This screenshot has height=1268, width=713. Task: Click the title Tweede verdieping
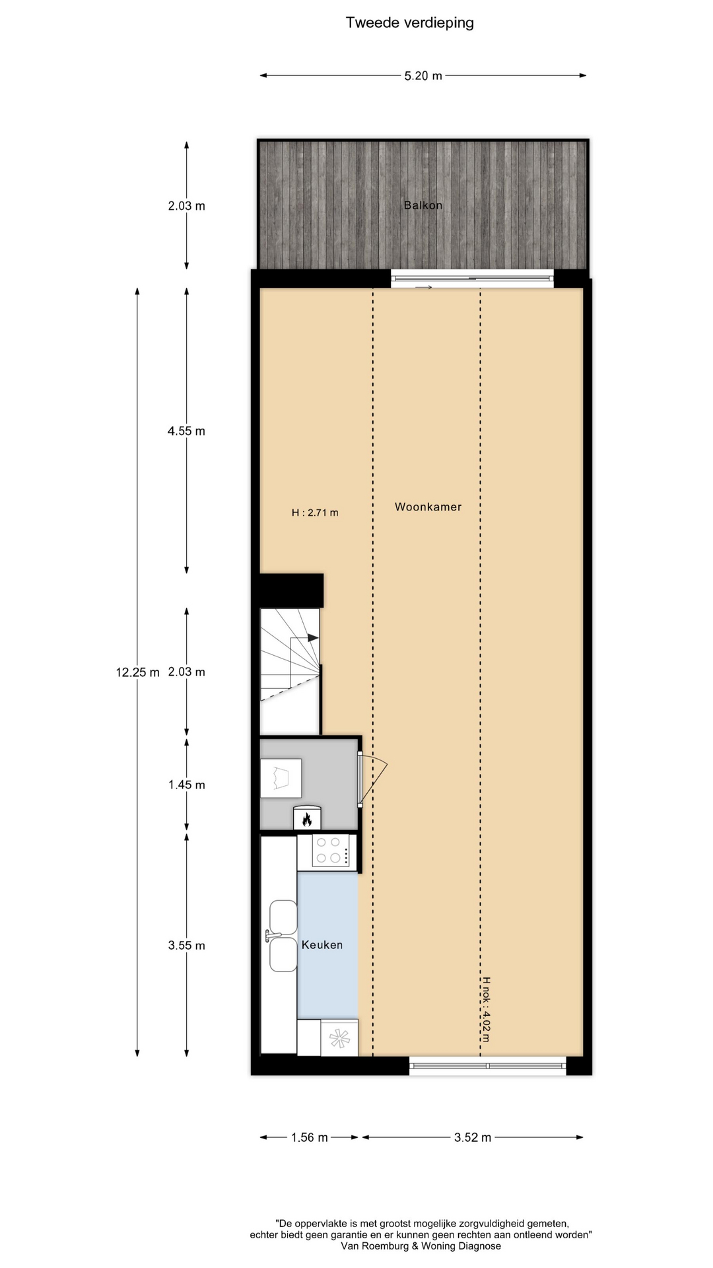point(410,23)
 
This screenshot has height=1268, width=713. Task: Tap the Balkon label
point(423,205)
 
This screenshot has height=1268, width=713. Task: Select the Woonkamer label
point(428,507)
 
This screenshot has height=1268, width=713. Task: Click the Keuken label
point(322,945)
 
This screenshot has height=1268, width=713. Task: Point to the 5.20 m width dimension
point(423,76)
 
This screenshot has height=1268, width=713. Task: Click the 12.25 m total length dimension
point(138,672)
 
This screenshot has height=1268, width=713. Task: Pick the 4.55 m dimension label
point(186,431)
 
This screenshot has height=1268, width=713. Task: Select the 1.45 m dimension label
point(186,785)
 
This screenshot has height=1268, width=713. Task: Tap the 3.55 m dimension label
point(186,946)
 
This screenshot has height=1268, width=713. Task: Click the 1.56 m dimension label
point(310,1137)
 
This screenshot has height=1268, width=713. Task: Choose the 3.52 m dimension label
point(473,1137)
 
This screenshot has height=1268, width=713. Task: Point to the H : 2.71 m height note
point(315,512)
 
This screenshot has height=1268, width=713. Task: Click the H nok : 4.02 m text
point(486,1009)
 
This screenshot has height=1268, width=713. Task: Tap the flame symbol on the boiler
point(307,820)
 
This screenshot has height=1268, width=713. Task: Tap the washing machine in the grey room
point(281,778)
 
